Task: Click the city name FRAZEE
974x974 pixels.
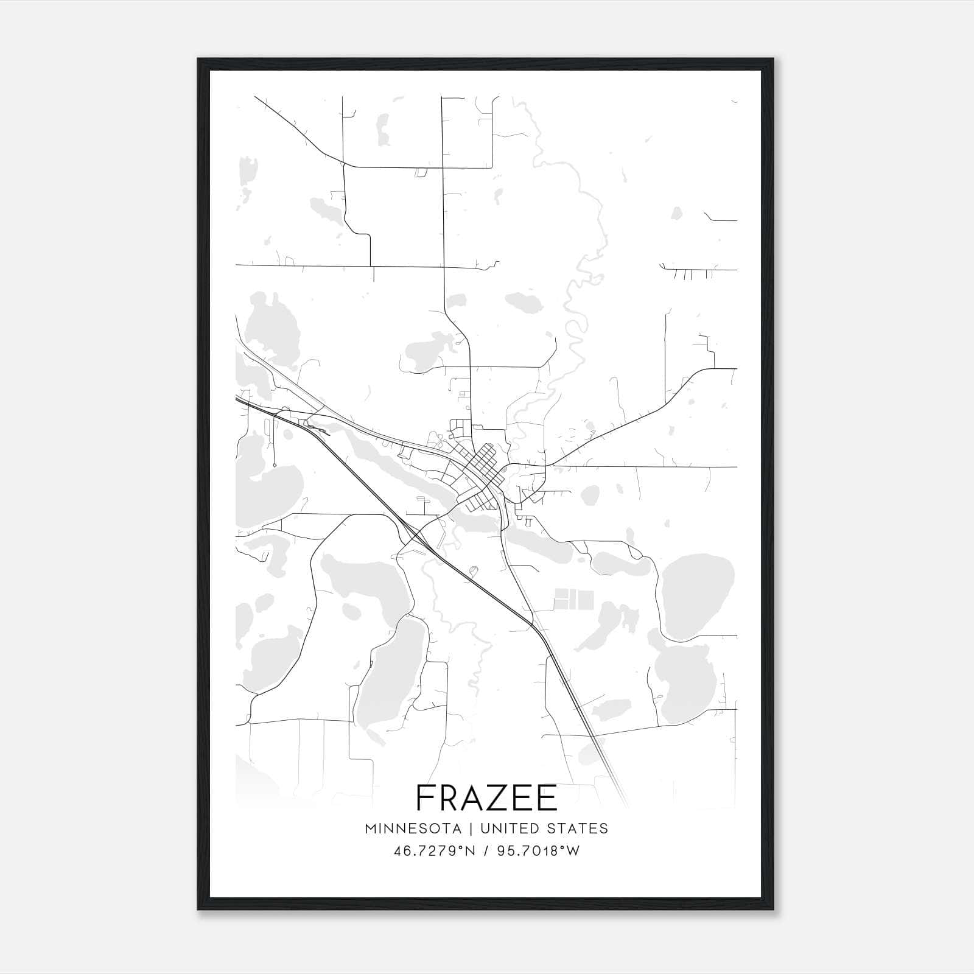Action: coord(486,797)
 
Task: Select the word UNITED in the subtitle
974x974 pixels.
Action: coord(509,829)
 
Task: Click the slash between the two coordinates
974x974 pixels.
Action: coord(486,851)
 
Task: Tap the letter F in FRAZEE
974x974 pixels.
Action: coord(426,797)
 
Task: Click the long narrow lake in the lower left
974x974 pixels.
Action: coord(390,676)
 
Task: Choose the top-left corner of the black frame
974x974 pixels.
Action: coord(198,59)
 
